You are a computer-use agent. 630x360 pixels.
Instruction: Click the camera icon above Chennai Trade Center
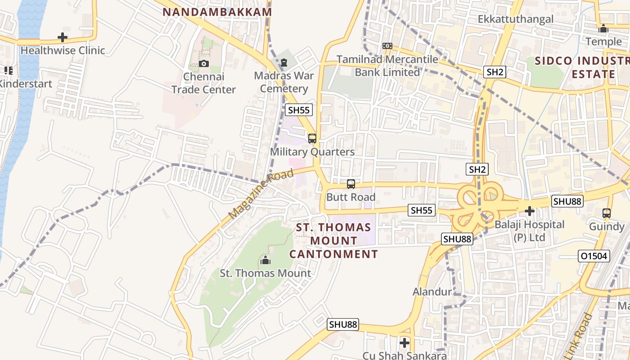pyautogui.click(x=204, y=63)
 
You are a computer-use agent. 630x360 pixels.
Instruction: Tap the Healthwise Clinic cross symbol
pyautogui.click(x=63, y=37)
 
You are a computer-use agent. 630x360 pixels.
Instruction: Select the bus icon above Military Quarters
pyautogui.click(x=312, y=139)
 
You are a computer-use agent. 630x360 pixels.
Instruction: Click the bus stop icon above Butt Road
pyautogui.click(x=351, y=184)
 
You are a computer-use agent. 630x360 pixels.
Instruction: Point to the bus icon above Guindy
pyautogui.click(x=607, y=213)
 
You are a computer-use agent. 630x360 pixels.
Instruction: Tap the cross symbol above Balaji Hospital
pyautogui.click(x=530, y=211)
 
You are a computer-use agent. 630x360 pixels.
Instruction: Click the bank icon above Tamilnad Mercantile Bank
pyautogui.click(x=387, y=46)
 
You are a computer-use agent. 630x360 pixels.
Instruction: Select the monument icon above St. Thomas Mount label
pyautogui.click(x=265, y=260)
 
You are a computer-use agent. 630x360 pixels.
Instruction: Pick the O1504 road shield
pyautogui.click(x=594, y=256)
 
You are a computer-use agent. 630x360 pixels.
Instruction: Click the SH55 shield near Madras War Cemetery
pyautogui.click(x=299, y=110)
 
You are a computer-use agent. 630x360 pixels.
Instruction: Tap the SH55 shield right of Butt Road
pyautogui.click(x=422, y=210)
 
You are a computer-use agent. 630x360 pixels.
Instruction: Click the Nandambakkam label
pyautogui.click(x=217, y=12)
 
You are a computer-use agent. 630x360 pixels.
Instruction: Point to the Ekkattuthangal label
pyautogui.click(x=516, y=19)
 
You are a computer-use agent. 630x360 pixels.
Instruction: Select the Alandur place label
pyautogui.click(x=432, y=292)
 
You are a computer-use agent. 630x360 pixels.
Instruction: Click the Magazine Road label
pyautogui.click(x=261, y=194)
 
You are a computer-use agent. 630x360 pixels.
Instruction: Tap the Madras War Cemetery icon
pyautogui.click(x=283, y=63)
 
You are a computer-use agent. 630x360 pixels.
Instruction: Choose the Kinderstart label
pyautogui.click(x=26, y=84)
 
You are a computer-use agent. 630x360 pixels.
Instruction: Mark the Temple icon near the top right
pyautogui.click(x=603, y=29)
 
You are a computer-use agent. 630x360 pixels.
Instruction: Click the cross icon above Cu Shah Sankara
pyautogui.click(x=405, y=343)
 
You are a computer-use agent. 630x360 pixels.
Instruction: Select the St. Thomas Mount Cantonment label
pyautogui.click(x=333, y=241)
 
